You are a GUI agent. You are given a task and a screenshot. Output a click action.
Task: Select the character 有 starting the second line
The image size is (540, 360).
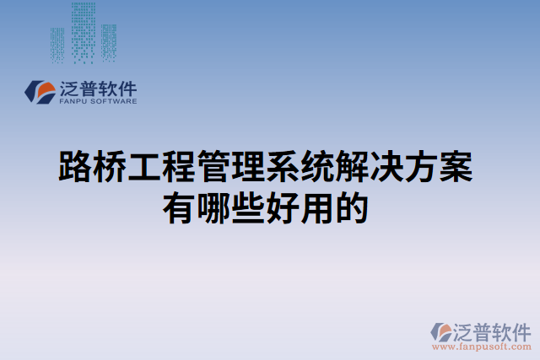click(180, 207)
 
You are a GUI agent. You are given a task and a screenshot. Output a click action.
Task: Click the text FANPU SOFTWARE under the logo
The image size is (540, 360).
click(98, 101)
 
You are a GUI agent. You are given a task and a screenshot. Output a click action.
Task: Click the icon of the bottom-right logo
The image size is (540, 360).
click(442, 331)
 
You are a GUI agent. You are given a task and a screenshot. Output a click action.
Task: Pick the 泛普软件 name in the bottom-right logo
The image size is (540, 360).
click(493, 330)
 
